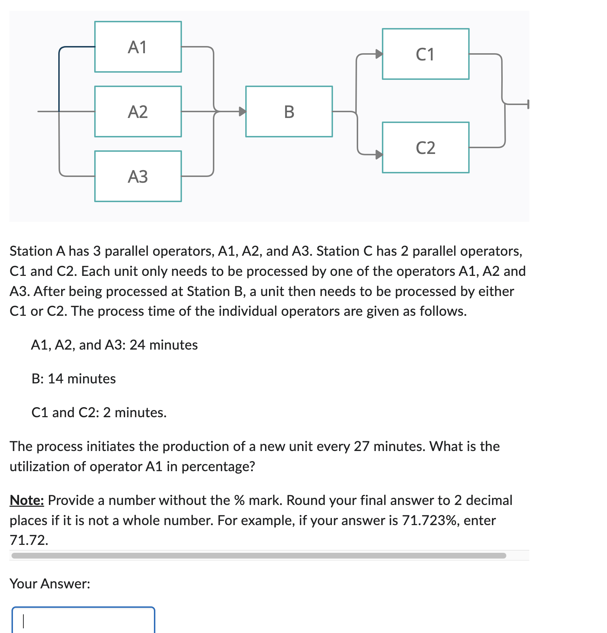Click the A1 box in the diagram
138,47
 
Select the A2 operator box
138,111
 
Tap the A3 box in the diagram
138,176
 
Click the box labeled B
289,111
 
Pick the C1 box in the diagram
425,54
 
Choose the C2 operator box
425,147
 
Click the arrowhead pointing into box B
243,111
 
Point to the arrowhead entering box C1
379,54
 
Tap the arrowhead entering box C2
379,155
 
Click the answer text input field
83,620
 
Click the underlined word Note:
27,500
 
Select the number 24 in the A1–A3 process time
137,345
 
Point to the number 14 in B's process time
55,379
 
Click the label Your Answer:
50,583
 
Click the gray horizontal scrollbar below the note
258,556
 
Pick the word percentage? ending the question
218,466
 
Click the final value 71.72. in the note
29,540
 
